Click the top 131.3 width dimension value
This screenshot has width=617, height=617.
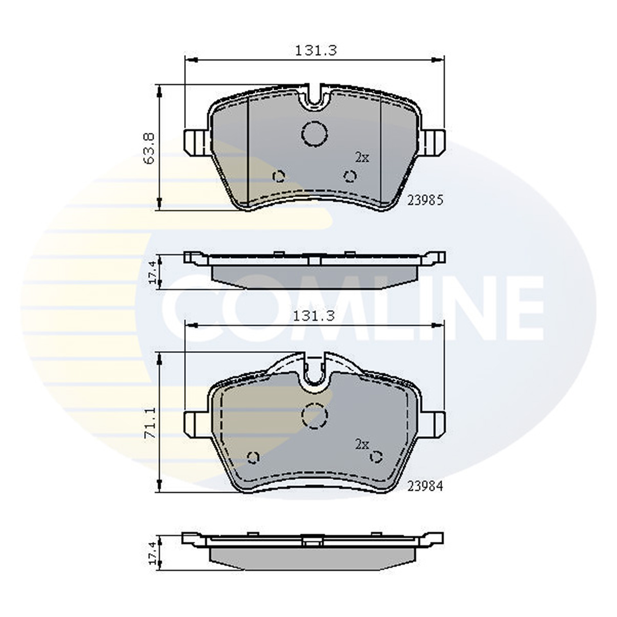pos(316,51)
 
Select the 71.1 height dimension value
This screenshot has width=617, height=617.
pos(150,424)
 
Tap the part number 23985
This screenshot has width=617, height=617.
pos(425,201)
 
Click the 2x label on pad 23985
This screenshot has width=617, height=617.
pos(362,157)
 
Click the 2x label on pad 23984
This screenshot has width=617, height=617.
pos(362,445)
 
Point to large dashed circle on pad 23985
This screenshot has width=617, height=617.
pos(314,134)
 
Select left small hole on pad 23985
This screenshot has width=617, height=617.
pos(279,176)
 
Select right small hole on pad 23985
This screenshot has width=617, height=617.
pos(350,176)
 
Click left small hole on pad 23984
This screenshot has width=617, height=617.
pos(253,457)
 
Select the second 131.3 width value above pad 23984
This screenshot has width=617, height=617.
pos(314,316)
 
